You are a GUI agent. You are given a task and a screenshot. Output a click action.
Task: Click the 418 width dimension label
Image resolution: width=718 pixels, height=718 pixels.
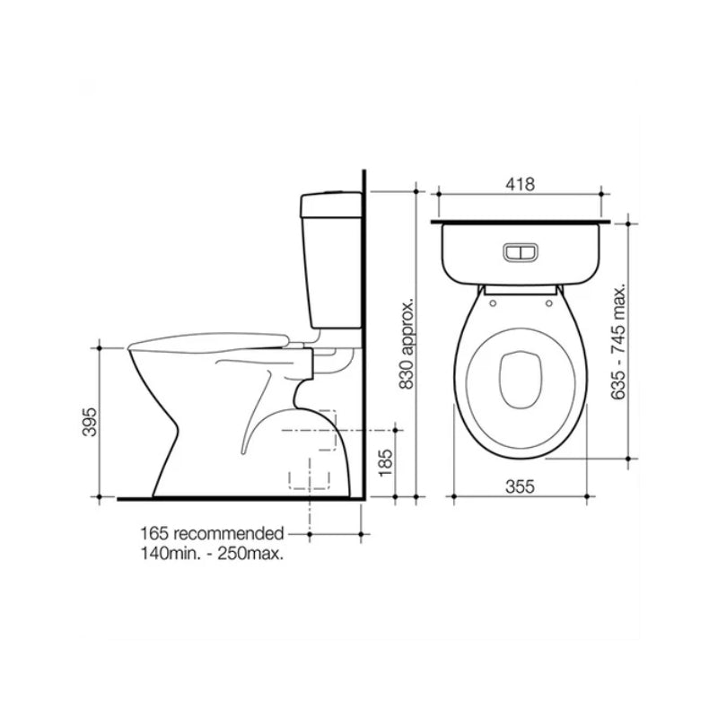[x=520, y=184]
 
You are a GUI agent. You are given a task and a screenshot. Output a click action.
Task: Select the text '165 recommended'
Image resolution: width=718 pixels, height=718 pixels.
[x=212, y=533]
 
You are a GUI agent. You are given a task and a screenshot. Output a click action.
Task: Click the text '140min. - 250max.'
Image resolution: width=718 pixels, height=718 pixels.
[x=212, y=554]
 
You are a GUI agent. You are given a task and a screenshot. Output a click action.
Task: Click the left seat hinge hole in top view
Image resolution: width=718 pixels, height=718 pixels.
[x=495, y=302]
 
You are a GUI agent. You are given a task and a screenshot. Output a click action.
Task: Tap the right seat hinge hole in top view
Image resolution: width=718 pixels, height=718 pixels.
[x=546, y=302]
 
